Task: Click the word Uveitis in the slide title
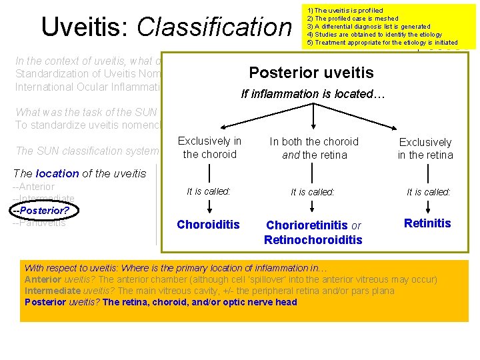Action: tap(85, 27)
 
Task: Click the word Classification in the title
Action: tap(214, 27)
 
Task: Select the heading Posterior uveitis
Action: tap(311, 73)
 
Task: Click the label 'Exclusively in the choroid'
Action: tap(209, 147)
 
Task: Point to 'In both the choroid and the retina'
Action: tap(313, 147)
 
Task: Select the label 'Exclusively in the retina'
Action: tap(425, 148)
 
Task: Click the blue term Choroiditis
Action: tap(208, 225)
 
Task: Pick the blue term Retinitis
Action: tap(427, 223)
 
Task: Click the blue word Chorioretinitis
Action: tap(306, 226)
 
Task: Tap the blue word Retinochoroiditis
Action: tap(313, 239)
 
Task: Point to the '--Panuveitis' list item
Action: tap(39, 223)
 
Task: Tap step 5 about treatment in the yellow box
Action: tap(382, 43)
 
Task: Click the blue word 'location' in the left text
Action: tap(57, 173)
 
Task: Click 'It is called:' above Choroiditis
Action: tap(209, 191)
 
